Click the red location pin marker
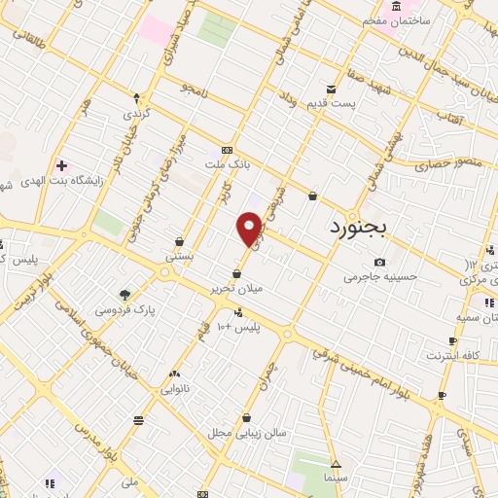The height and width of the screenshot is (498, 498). [x=250, y=231]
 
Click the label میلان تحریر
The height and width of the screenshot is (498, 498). [x=236, y=288]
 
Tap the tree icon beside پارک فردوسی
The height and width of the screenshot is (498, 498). [x=124, y=295]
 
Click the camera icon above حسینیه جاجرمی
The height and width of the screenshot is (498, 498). [x=379, y=262]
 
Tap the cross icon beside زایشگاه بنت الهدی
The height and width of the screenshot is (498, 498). [x=62, y=166]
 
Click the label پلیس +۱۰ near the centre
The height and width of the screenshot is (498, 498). [x=239, y=325]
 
